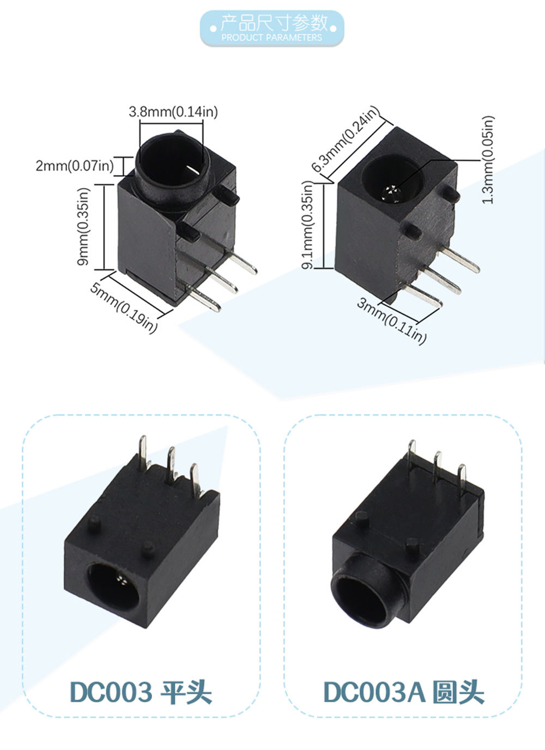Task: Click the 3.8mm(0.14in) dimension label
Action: pos(173,112)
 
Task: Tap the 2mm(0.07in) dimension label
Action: pos(75,166)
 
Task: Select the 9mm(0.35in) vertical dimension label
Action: pos(84,227)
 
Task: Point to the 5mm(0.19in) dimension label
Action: pos(124,307)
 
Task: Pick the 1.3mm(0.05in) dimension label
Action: pos(488,160)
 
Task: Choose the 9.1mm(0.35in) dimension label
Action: pos(307,225)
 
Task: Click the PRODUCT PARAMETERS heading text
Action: pos(271,38)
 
